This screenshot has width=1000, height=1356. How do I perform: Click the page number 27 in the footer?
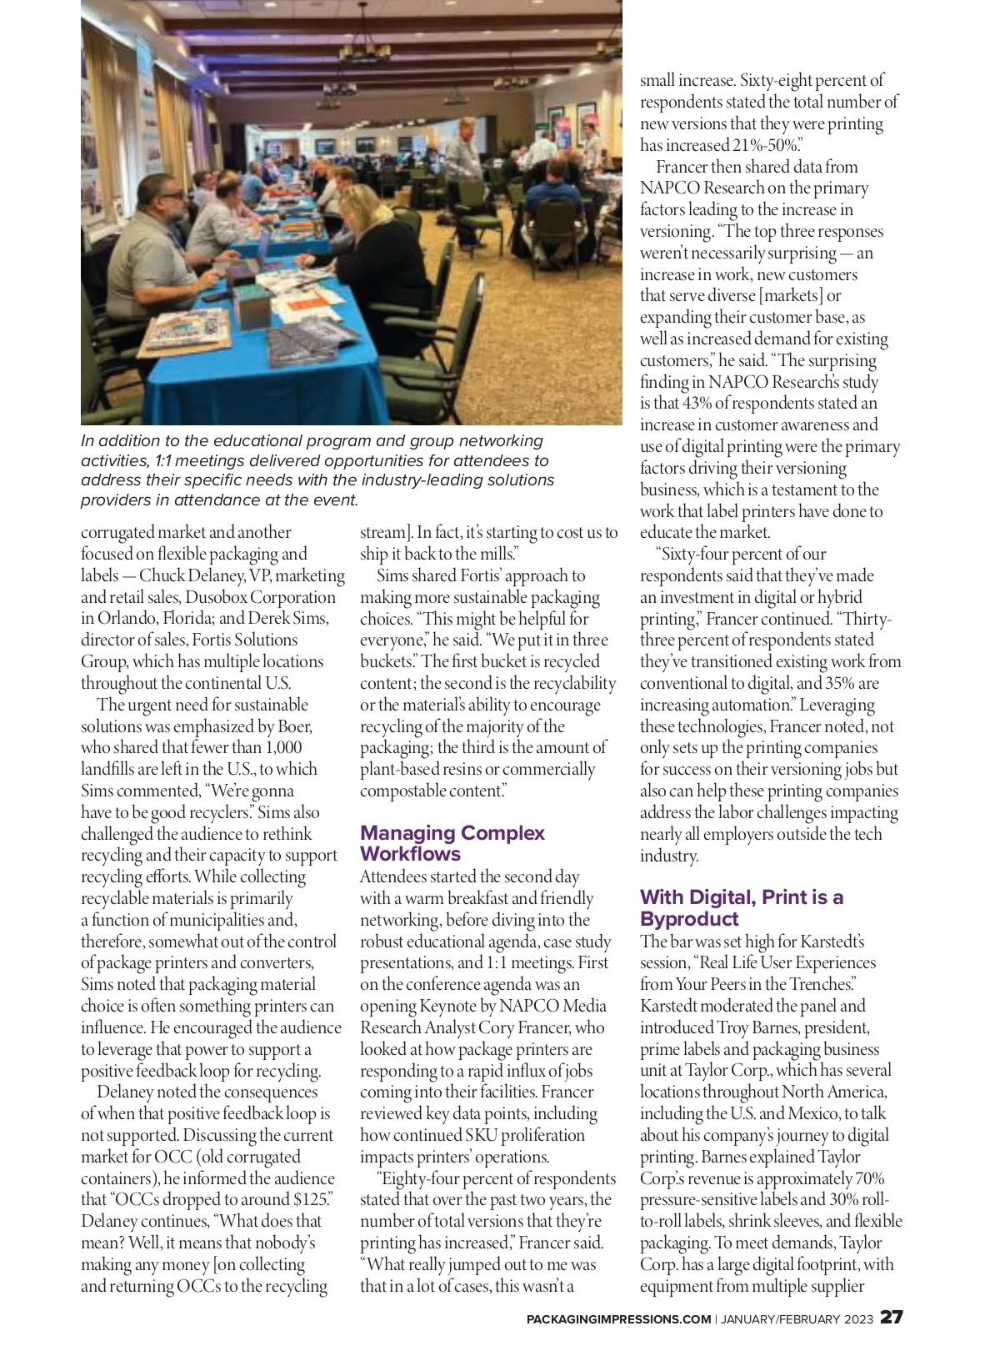point(891,1318)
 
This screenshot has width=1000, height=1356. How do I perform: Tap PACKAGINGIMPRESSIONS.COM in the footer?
point(618,1319)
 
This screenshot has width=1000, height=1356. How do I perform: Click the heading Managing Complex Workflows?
point(452,843)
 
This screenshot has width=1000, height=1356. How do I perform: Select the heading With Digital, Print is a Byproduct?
point(741,907)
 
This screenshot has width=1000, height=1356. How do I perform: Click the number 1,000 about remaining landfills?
point(283,748)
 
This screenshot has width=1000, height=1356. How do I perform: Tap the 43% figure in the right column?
point(697,404)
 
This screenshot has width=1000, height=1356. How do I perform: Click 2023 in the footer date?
point(858,1319)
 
